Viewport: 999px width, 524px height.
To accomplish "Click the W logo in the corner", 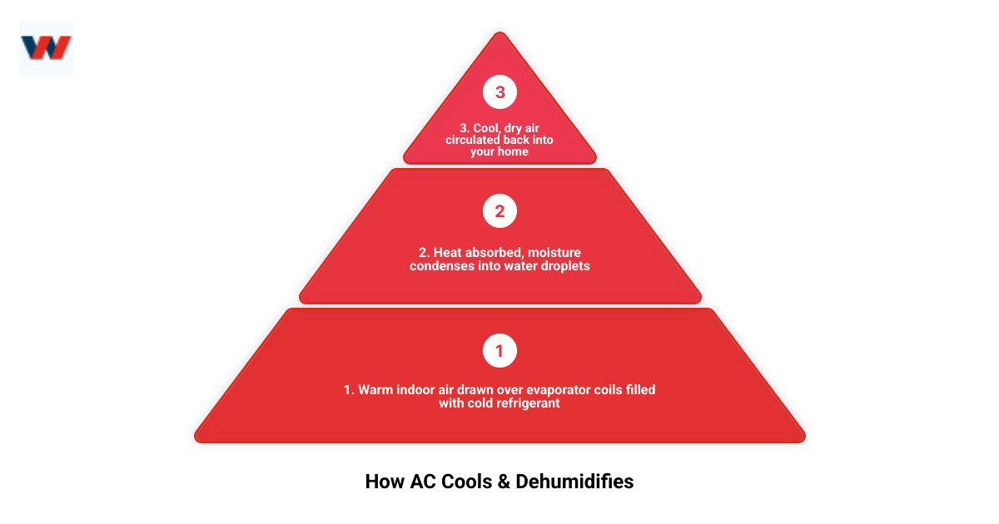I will pyautogui.click(x=46, y=47).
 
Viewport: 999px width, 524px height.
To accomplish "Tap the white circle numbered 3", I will pyautogui.click(x=499, y=92).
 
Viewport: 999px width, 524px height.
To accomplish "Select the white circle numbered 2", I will pyautogui.click(x=499, y=211).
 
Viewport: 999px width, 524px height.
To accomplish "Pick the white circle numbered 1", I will pyautogui.click(x=499, y=351).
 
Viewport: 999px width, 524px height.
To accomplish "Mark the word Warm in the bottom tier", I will pyautogui.click(x=374, y=389).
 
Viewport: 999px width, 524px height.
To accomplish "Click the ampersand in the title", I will pyautogui.click(x=503, y=482).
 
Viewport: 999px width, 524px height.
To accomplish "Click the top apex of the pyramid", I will pyautogui.click(x=499, y=35).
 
